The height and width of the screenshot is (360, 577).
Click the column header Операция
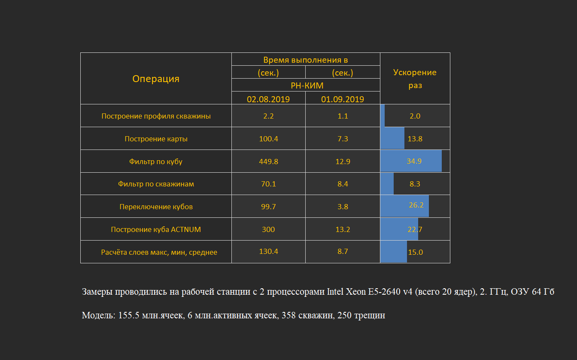pos(156,79)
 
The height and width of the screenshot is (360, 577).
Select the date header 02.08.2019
pos(268,99)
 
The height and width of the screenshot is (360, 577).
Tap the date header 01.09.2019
pos(343,99)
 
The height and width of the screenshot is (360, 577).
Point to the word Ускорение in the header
pos(415,73)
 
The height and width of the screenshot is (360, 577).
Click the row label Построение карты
pos(156,139)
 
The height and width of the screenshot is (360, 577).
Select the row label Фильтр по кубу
pos(155,162)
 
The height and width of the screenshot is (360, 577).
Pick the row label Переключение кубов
pos(156,207)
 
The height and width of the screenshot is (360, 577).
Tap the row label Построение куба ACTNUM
pos(156,229)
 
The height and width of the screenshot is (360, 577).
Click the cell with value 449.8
pos(268,162)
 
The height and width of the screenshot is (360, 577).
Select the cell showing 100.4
pos(268,139)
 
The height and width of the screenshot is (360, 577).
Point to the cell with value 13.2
pos(343,229)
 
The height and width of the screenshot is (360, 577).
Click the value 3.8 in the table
pos(343,207)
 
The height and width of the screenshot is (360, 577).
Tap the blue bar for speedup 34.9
pos(411,161)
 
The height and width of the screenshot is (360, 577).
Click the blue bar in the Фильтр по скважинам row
pos(387,184)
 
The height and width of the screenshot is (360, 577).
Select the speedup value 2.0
pos(415,116)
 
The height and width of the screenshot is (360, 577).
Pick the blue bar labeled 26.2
pos(405,206)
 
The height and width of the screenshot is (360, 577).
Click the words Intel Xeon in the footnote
pos(346,292)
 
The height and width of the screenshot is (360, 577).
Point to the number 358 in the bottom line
pos(288,315)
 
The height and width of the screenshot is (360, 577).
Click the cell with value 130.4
pos(268,251)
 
